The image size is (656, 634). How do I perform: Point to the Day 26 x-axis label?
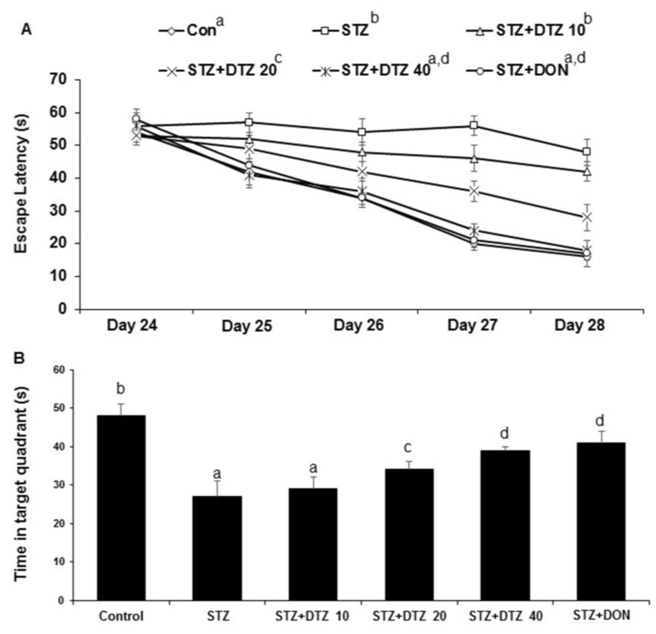pyautogui.click(x=359, y=325)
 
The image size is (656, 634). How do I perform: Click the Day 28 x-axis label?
pyautogui.click(x=580, y=325)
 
